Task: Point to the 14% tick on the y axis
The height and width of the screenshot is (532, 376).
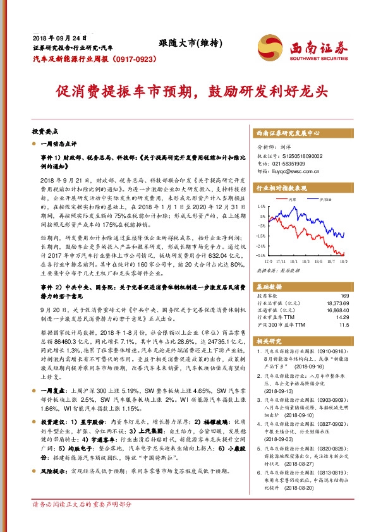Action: point(261,206)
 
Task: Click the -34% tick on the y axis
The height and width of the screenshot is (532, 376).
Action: point(260,255)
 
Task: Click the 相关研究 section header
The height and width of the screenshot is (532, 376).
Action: point(270,342)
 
